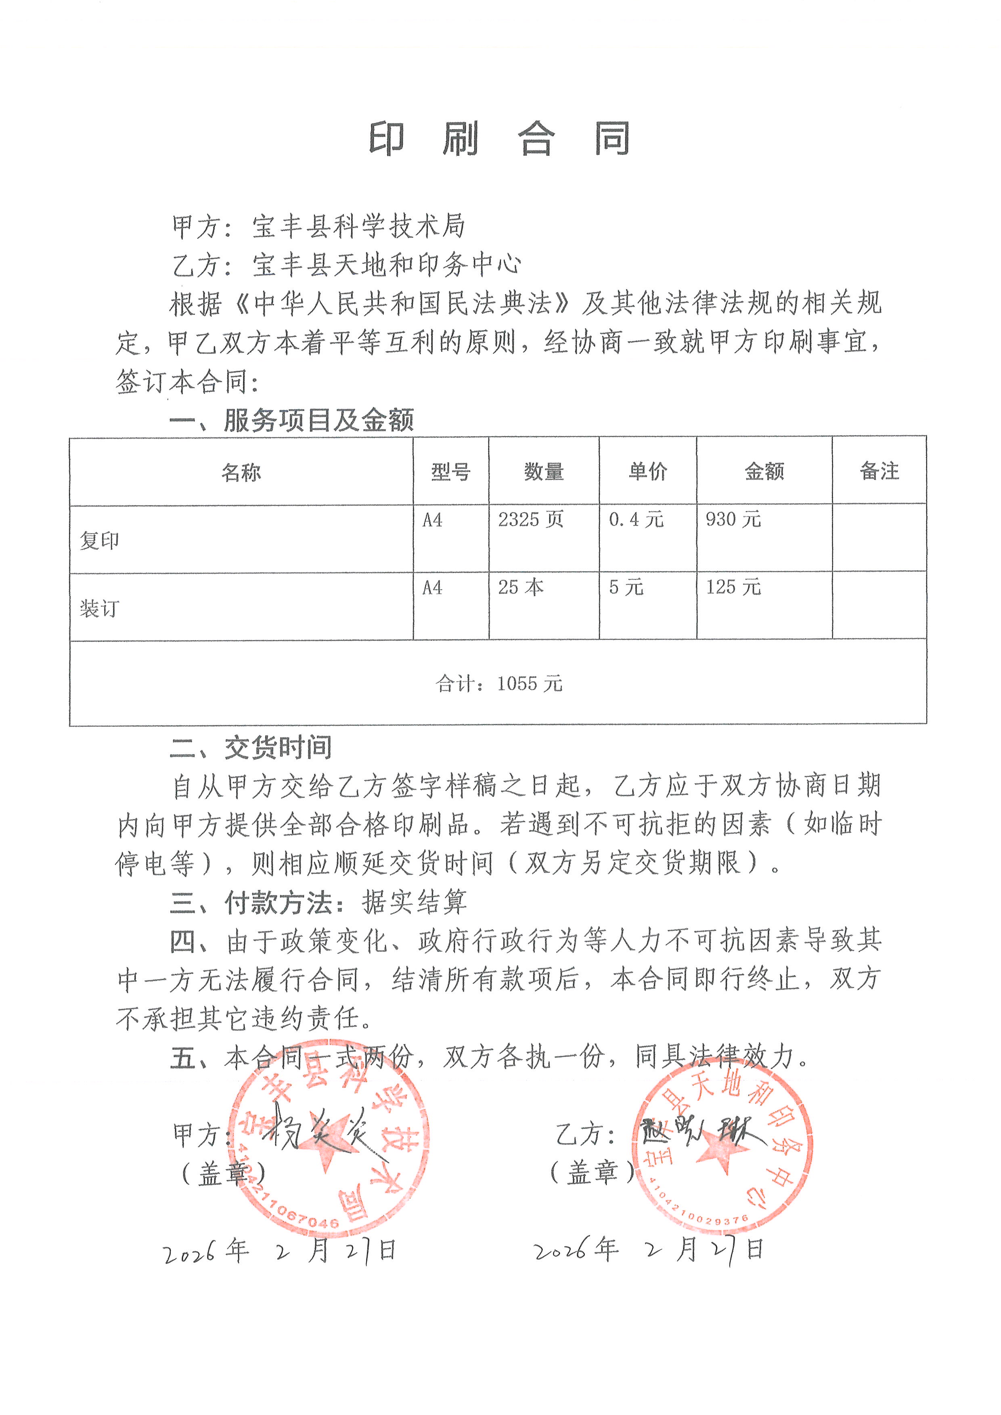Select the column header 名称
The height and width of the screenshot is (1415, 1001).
coord(241,473)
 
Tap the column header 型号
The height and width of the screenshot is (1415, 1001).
coord(450,472)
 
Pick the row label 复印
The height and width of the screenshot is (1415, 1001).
coord(99,541)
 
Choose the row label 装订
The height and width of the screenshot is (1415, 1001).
coord(99,609)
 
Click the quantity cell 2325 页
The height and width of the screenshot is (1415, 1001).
coord(531,520)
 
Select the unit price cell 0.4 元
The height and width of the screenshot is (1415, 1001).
coord(636,520)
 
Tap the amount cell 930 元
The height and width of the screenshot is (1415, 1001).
coord(733,520)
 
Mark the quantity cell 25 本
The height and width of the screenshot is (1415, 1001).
coord(521,587)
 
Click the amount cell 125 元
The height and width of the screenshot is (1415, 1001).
coord(733,587)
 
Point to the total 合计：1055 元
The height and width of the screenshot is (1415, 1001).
coord(498,683)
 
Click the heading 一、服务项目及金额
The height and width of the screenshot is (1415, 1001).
coord(291,420)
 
